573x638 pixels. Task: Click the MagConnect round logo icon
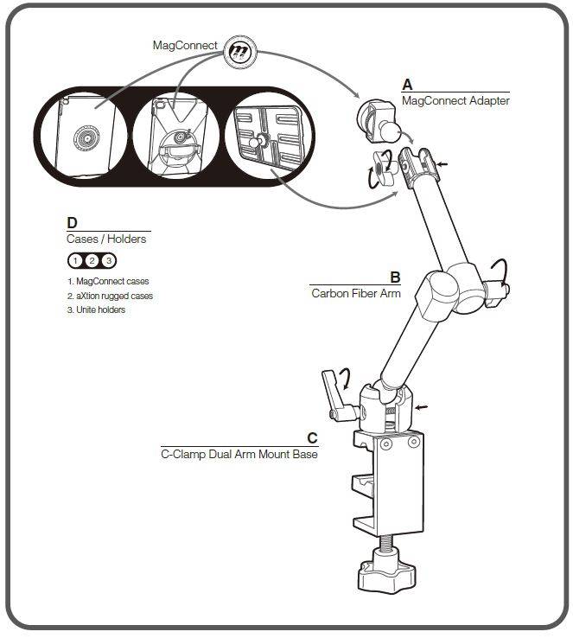pos(240,52)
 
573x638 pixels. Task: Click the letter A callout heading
pos(407,85)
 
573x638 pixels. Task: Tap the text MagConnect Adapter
pos(455,100)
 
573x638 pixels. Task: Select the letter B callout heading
pos(395,278)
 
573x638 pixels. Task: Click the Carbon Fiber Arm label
pos(356,293)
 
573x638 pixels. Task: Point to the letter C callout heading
pos(312,437)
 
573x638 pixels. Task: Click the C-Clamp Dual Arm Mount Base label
pos(239,454)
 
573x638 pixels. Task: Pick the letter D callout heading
pos(72,222)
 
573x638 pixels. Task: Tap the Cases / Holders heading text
pos(106,239)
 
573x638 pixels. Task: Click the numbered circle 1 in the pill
pos(75,261)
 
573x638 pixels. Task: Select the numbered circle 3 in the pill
pos(109,261)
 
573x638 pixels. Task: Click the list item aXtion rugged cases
pos(110,296)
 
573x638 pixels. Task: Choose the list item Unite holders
pos(96,309)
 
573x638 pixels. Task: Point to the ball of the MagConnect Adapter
pos(390,132)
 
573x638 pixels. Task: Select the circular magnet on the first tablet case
pos(86,138)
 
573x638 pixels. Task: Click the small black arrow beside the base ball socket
pos(421,406)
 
